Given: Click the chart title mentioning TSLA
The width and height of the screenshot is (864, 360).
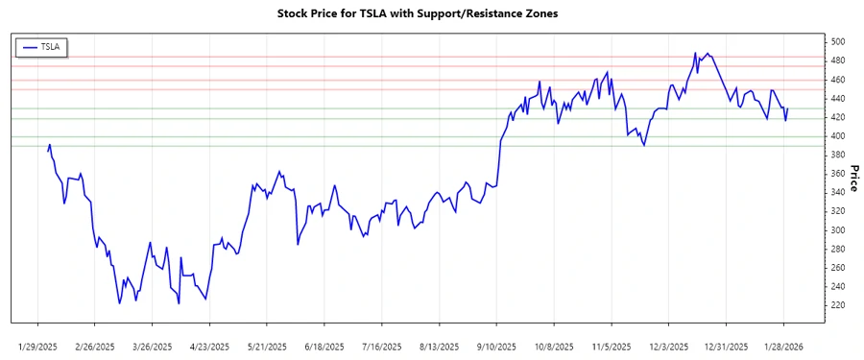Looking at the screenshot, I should [x=417, y=14].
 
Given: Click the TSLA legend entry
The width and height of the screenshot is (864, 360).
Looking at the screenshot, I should [x=42, y=46].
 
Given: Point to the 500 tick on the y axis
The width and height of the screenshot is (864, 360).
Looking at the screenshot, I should [x=838, y=42].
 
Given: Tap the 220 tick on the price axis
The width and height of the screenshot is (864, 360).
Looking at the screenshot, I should [x=838, y=305].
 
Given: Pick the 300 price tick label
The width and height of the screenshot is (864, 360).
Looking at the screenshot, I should [x=838, y=230].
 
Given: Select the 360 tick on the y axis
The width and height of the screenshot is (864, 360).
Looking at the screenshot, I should [x=838, y=174].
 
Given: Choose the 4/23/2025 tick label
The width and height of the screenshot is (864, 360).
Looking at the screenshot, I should [x=208, y=346].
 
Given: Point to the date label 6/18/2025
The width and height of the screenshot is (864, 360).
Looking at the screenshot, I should [x=324, y=346].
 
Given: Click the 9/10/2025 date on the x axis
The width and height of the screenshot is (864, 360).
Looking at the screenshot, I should [x=495, y=346].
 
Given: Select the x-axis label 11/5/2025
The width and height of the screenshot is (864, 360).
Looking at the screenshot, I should [x=611, y=346].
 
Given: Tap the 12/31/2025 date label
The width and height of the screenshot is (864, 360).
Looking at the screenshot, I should [x=726, y=346].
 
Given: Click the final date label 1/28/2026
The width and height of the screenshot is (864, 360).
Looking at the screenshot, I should [x=783, y=346].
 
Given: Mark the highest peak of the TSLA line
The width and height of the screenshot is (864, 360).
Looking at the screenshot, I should [x=695, y=53].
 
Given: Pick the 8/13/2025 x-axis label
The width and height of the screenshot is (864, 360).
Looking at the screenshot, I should [x=438, y=346].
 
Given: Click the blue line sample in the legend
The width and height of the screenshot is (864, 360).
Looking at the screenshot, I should [x=29, y=46].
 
